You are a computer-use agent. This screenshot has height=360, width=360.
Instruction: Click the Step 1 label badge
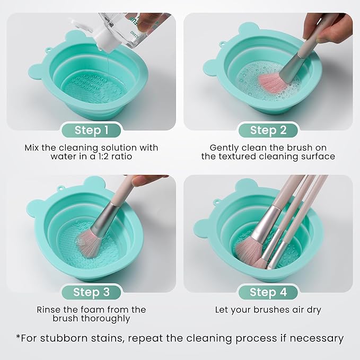coord(91,130)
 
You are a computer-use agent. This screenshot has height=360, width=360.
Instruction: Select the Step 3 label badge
coord(91,292)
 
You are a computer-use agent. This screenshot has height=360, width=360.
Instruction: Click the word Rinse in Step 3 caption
coord(49,309)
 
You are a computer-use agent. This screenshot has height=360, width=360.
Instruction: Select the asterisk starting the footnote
coord(19,337)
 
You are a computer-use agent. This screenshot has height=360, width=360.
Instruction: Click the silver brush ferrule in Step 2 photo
coord(291,64)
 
